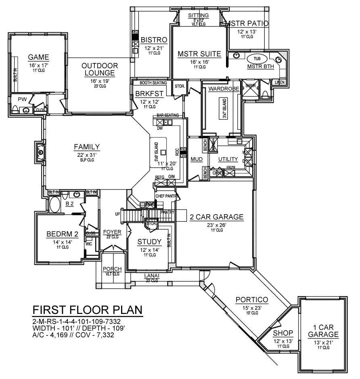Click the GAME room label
[38, 57]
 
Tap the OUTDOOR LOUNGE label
[100, 69]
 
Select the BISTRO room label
[154, 40]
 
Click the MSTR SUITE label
[199, 54]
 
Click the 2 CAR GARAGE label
[216, 217]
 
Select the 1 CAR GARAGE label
[323, 331]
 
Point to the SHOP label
[283, 333]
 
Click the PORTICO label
[252, 299]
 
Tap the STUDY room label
[149, 242]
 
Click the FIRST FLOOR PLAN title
[87, 310]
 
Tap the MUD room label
[197, 160]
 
